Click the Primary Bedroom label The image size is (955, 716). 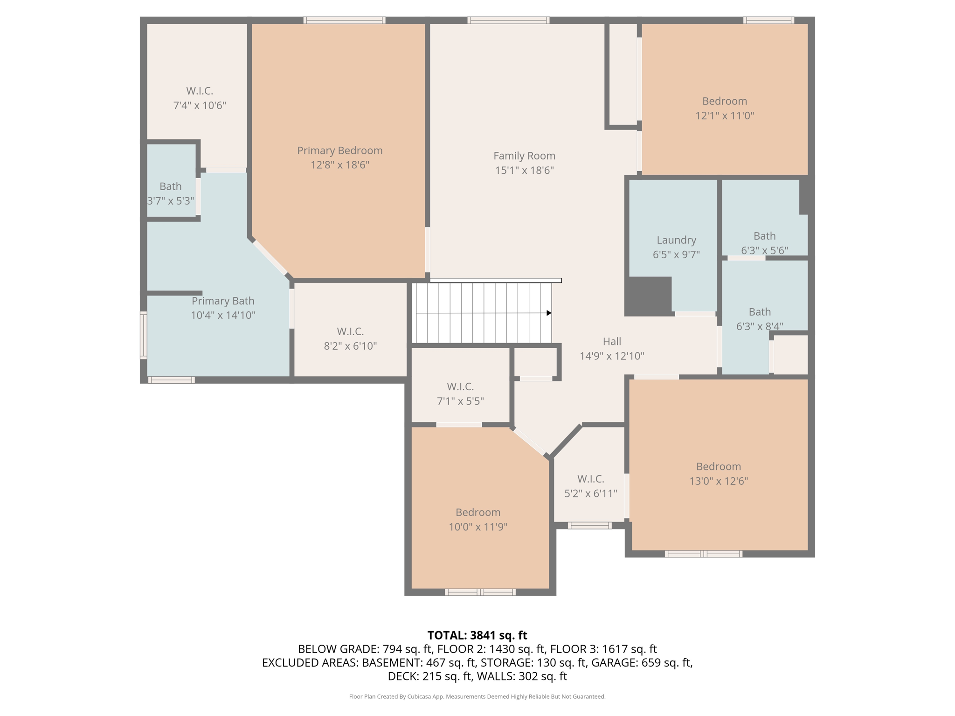[x=339, y=151]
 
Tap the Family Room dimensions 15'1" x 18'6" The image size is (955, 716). [x=524, y=171]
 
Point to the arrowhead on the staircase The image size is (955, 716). [x=549, y=313]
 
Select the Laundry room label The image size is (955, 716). [x=676, y=240]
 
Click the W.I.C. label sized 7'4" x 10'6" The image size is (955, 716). [x=200, y=91]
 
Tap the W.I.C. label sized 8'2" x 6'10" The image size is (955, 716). [x=350, y=331]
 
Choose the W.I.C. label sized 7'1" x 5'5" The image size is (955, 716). [x=460, y=386]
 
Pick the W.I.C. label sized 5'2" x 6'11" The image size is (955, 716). [x=591, y=479]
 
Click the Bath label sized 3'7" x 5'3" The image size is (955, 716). [x=171, y=186]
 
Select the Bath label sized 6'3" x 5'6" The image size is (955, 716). [x=765, y=236]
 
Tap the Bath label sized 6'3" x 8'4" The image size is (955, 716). [x=760, y=312]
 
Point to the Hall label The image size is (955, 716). [x=612, y=341]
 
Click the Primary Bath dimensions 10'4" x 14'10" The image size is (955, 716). [x=223, y=316]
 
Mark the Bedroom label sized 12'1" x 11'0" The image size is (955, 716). [x=725, y=101]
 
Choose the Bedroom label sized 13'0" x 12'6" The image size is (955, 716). [x=719, y=467]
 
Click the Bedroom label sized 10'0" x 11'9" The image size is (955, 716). [x=478, y=512]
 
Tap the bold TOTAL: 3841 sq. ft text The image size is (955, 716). [x=477, y=635]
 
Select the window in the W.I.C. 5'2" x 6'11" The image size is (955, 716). [x=589, y=525]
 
